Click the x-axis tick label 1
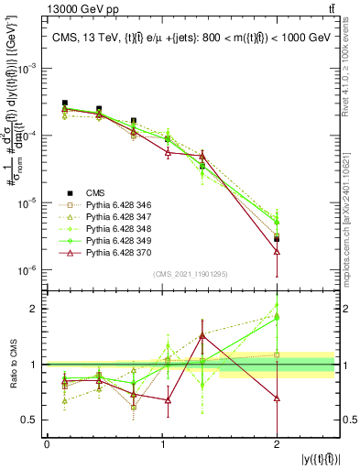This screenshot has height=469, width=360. click(x=162, y=443)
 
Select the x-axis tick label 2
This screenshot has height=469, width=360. click(x=277, y=443)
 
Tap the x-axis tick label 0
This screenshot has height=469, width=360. click(x=47, y=443)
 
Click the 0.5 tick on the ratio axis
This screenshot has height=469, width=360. click(x=34, y=420)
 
